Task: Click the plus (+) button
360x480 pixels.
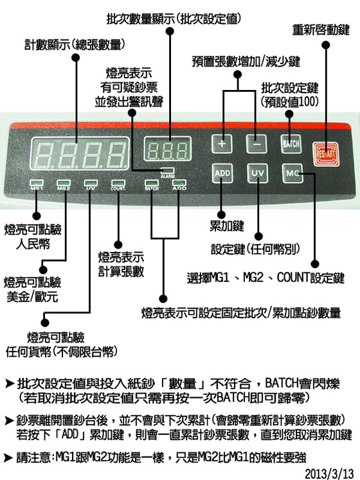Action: tap(222, 143)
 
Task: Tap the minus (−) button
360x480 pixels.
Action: tap(256, 143)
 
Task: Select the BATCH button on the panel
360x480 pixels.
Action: tap(291, 143)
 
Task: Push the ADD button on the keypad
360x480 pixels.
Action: tap(222, 173)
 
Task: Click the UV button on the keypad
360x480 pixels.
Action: tap(257, 173)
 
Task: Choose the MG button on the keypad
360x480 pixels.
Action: tap(292, 173)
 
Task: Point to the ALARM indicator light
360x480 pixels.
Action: tap(168, 170)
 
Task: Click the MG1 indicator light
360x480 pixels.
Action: tap(37, 183)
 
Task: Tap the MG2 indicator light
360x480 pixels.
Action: tap(64, 183)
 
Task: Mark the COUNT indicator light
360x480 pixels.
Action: tap(118, 183)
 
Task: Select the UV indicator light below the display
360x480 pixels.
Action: tap(91, 183)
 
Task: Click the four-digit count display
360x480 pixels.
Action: tap(80, 154)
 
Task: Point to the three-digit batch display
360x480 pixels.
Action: tap(168, 149)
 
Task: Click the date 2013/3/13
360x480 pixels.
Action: tap(329, 474)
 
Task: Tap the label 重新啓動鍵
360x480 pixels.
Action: tap(321, 30)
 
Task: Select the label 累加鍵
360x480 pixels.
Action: tap(227, 226)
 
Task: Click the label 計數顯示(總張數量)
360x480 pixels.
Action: tap(75, 45)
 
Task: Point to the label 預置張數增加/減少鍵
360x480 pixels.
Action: tap(246, 62)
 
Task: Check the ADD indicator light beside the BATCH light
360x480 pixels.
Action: tap(179, 183)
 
